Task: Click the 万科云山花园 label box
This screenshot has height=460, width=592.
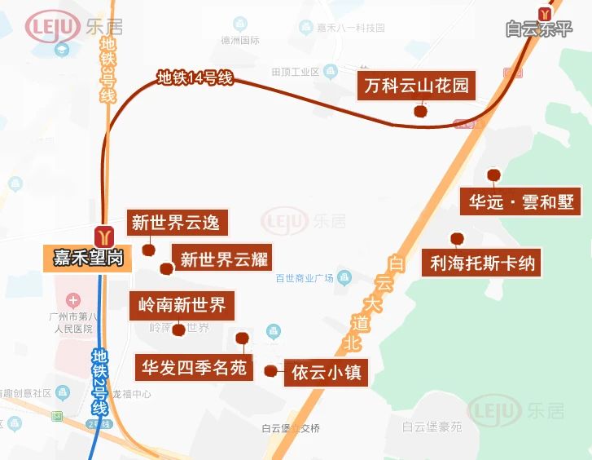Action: tap(416, 85)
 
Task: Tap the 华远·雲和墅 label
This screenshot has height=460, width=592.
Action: tap(521, 201)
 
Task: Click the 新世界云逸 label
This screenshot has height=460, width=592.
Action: tap(175, 223)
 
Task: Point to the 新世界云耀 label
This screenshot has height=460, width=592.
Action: tap(224, 259)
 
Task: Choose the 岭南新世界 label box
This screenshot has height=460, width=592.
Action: tap(182, 306)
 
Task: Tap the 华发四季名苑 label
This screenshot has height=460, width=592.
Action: tap(194, 367)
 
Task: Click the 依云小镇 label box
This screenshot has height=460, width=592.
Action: tap(326, 374)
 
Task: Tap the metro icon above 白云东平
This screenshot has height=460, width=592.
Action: tap(545, 12)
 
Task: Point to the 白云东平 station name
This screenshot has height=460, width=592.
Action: tap(538, 29)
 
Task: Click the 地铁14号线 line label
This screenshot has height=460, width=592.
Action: tap(195, 78)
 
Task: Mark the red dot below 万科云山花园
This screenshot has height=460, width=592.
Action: tap(420, 111)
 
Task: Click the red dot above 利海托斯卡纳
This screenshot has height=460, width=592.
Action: tap(457, 239)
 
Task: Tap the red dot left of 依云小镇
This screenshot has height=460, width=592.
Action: tap(270, 371)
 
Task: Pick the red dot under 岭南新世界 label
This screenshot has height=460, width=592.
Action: tap(179, 330)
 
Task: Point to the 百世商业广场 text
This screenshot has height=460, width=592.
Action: tap(305, 277)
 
